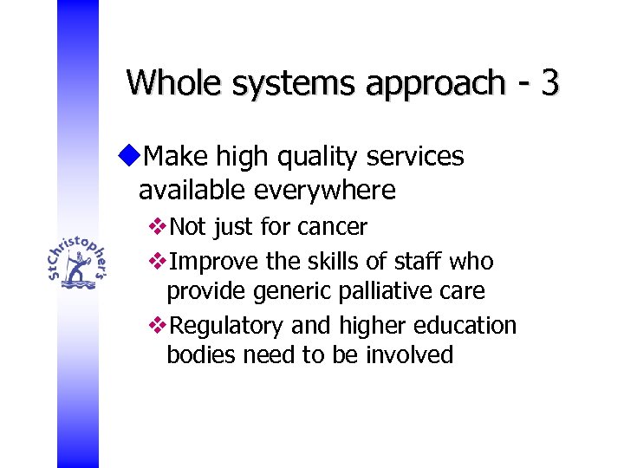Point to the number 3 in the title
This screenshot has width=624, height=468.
[x=549, y=83]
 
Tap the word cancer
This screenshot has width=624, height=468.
[x=332, y=228]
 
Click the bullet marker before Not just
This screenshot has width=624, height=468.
[x=157, y=228]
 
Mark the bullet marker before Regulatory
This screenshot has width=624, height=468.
[x=157, y=326]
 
